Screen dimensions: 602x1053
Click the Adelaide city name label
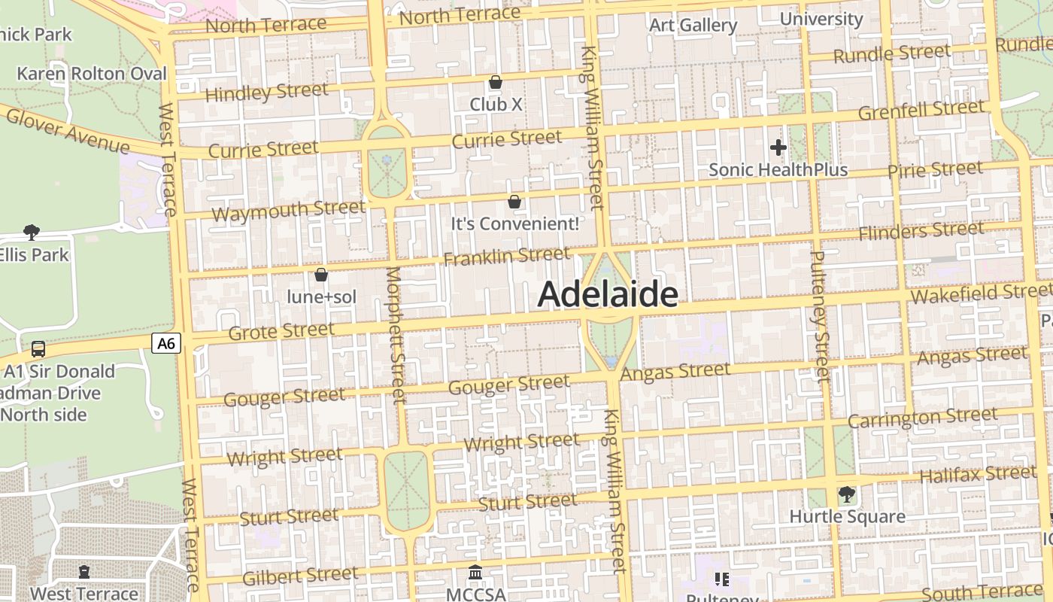(x=608, y=294)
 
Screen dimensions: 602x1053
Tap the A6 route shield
(x=166, y=344)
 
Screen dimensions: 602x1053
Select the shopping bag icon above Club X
(x=496, y=82)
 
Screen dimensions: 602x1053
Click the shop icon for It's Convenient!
(x=514, y=202)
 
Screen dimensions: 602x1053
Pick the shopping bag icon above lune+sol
(x=321, y=275)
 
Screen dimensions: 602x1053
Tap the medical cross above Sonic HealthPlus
(x=778, y=147)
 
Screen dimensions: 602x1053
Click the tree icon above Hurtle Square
(x=847, y=494)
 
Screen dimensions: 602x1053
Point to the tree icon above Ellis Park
(x=31, y=232)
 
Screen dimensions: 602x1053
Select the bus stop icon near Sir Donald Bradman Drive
(x=38, y=349)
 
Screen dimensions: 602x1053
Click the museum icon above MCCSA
(x=475, y=573)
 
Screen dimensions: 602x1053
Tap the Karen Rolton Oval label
(x=92, y=74)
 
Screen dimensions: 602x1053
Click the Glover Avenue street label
(x=68, y=130)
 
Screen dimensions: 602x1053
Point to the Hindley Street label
(x=266, y=93)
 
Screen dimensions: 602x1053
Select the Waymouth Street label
(x=288, y=210)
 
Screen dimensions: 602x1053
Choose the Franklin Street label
(x=506, y=256)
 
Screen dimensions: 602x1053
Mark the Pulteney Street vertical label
(x=818, y=315)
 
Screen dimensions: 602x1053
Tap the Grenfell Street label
(x=921, y=111)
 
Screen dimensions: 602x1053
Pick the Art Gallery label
(x=693, y=25)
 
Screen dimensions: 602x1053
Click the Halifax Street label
(x=978, y=474)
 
